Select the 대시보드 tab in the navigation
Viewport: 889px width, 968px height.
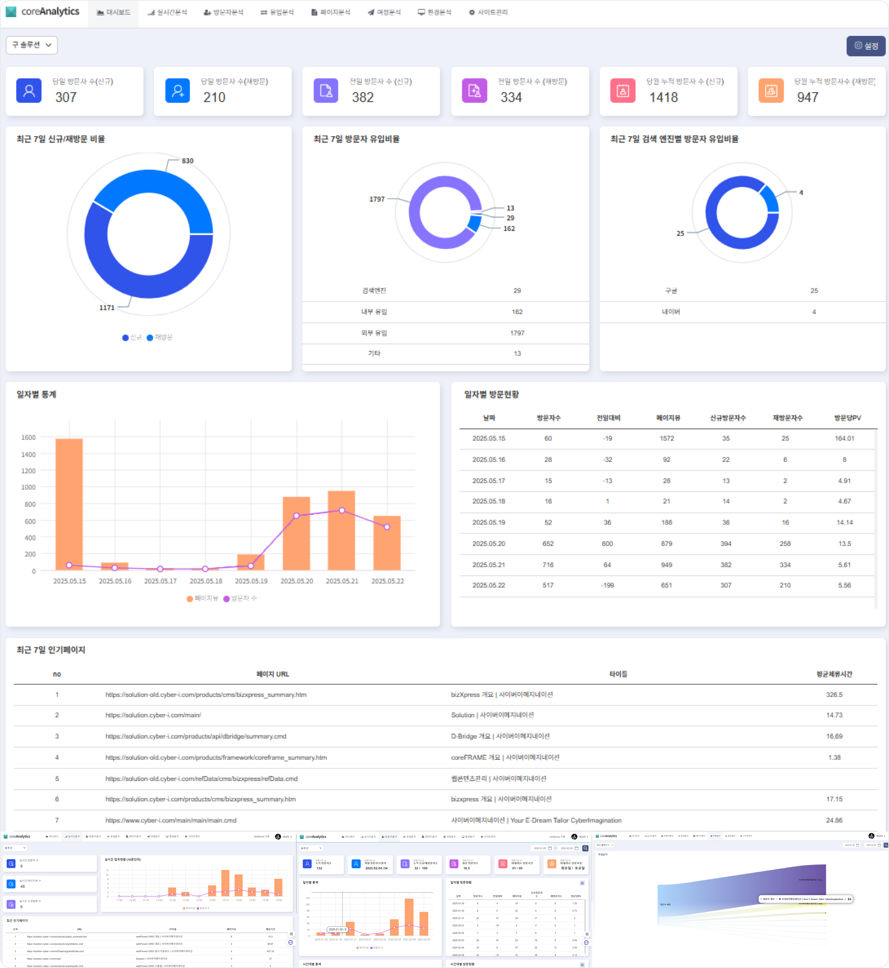114,12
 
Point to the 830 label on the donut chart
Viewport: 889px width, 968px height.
188,161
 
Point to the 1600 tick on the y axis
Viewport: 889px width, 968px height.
28,438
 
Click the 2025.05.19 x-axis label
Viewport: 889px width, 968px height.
251,581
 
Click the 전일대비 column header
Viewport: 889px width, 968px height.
608,418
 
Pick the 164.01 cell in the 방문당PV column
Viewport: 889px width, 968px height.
844,438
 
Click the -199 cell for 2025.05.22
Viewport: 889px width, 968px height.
607,585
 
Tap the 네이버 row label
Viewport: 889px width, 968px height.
671,312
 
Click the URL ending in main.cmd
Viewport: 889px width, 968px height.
171,820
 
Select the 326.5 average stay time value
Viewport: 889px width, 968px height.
834,694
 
